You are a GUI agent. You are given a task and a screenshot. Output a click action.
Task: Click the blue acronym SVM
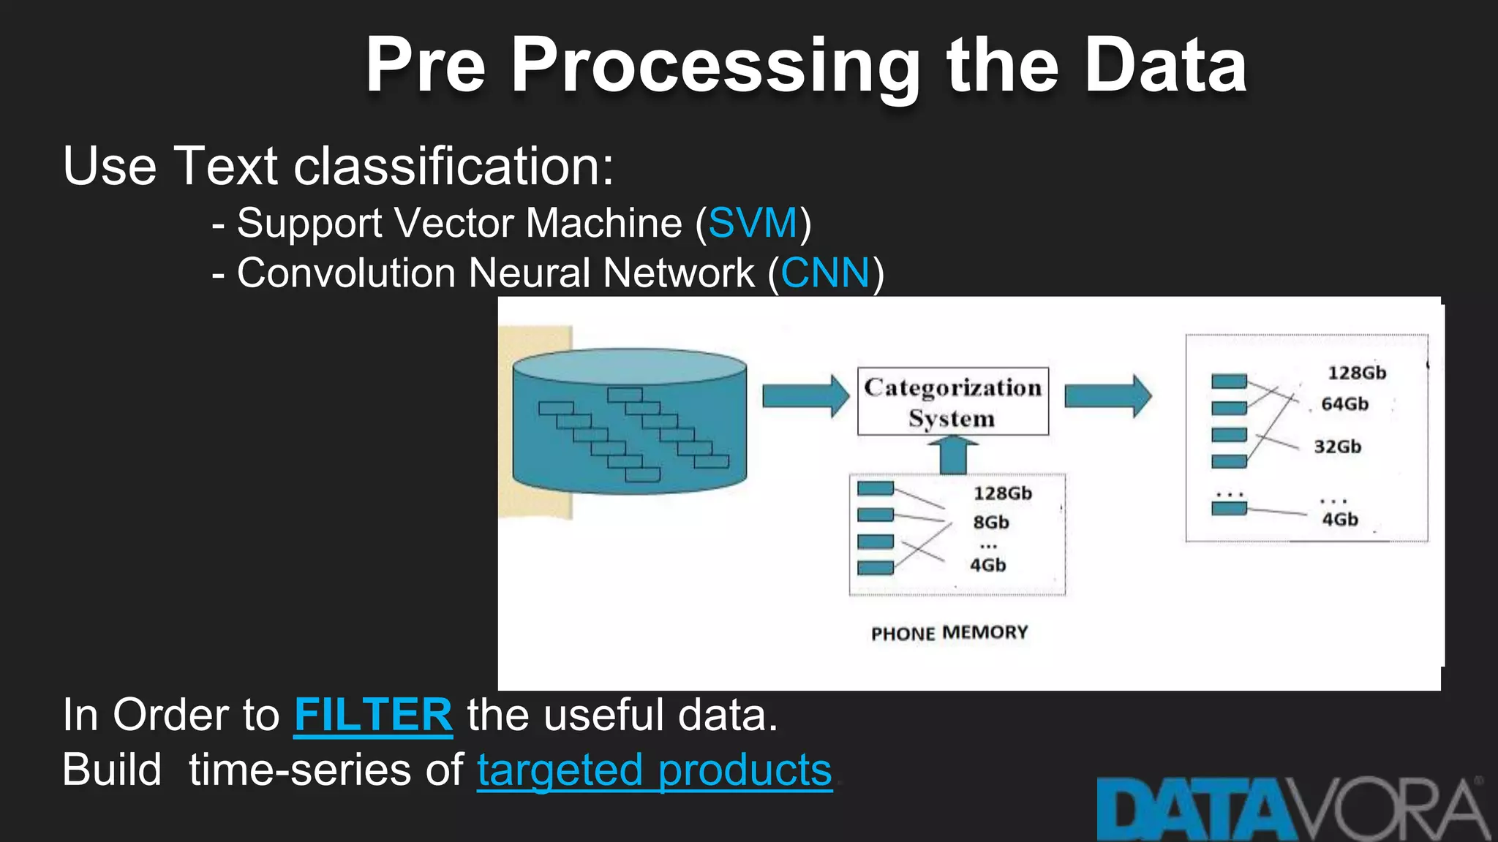tap(753, 223)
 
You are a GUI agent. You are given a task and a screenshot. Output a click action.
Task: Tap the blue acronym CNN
tap(825, 273)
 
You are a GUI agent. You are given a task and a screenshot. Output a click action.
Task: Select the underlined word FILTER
tap(373, 715)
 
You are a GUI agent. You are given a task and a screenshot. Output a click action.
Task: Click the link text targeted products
tap(655, 770)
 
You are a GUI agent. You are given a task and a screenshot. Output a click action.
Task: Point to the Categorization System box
tap(952, 402)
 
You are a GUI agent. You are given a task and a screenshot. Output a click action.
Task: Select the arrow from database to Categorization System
tap(805, 396)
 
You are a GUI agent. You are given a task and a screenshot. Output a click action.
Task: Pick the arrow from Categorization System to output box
tap(1107, 396)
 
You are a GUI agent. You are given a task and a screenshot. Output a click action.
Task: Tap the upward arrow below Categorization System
tap(952, 455)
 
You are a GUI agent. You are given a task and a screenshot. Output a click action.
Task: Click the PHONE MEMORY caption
tap(949, 633)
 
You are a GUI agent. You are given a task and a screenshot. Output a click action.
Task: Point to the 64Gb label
tap(1344, 404)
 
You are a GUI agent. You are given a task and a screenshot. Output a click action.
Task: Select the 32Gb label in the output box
tap(1337, 447)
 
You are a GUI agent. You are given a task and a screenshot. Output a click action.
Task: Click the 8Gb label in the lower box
tap(990, 523)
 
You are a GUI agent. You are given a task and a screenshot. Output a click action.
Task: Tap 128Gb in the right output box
tap(1356, 373)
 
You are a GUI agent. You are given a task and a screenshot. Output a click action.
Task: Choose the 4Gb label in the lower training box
tap(987, 566)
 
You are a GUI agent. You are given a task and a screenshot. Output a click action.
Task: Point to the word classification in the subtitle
tap(453, 167)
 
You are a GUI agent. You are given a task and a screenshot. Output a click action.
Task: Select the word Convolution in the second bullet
tap(346, 273)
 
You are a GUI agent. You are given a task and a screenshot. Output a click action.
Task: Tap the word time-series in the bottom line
tap(325, 770)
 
